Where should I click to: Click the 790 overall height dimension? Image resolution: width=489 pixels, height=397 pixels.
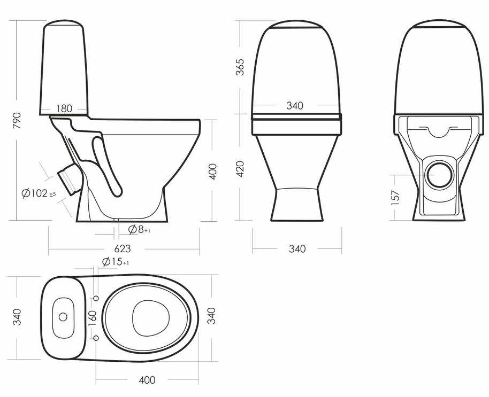[x=17, y=122]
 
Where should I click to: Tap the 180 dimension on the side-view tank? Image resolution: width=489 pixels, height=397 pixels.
[x=64, y=108]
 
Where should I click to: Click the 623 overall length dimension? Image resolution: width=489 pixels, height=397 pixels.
[x=123, y=249]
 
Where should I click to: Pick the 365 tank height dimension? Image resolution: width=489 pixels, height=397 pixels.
[x=240, y=67]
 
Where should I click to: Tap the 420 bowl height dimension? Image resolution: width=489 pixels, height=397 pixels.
[x=240, y=168]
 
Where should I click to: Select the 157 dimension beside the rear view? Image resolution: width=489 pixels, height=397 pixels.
[x=395, y=198]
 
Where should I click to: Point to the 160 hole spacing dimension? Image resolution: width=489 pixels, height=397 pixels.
[x=92, y=318]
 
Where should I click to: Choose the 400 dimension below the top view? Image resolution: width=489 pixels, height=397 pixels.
[x=147, y=380]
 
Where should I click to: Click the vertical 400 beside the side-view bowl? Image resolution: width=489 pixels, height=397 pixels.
[x=213, y=171]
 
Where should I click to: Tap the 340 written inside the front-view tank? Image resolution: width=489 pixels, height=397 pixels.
[x=295, y=106]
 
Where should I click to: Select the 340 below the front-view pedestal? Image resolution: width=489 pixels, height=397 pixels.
[x=297, y=249]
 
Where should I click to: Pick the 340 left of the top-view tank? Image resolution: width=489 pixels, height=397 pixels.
[x=18, y=317]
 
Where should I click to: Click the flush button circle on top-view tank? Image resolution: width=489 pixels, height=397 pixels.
[x=63, y=317]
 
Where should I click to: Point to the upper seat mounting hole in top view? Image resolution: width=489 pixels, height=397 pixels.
[x=96, y=298]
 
